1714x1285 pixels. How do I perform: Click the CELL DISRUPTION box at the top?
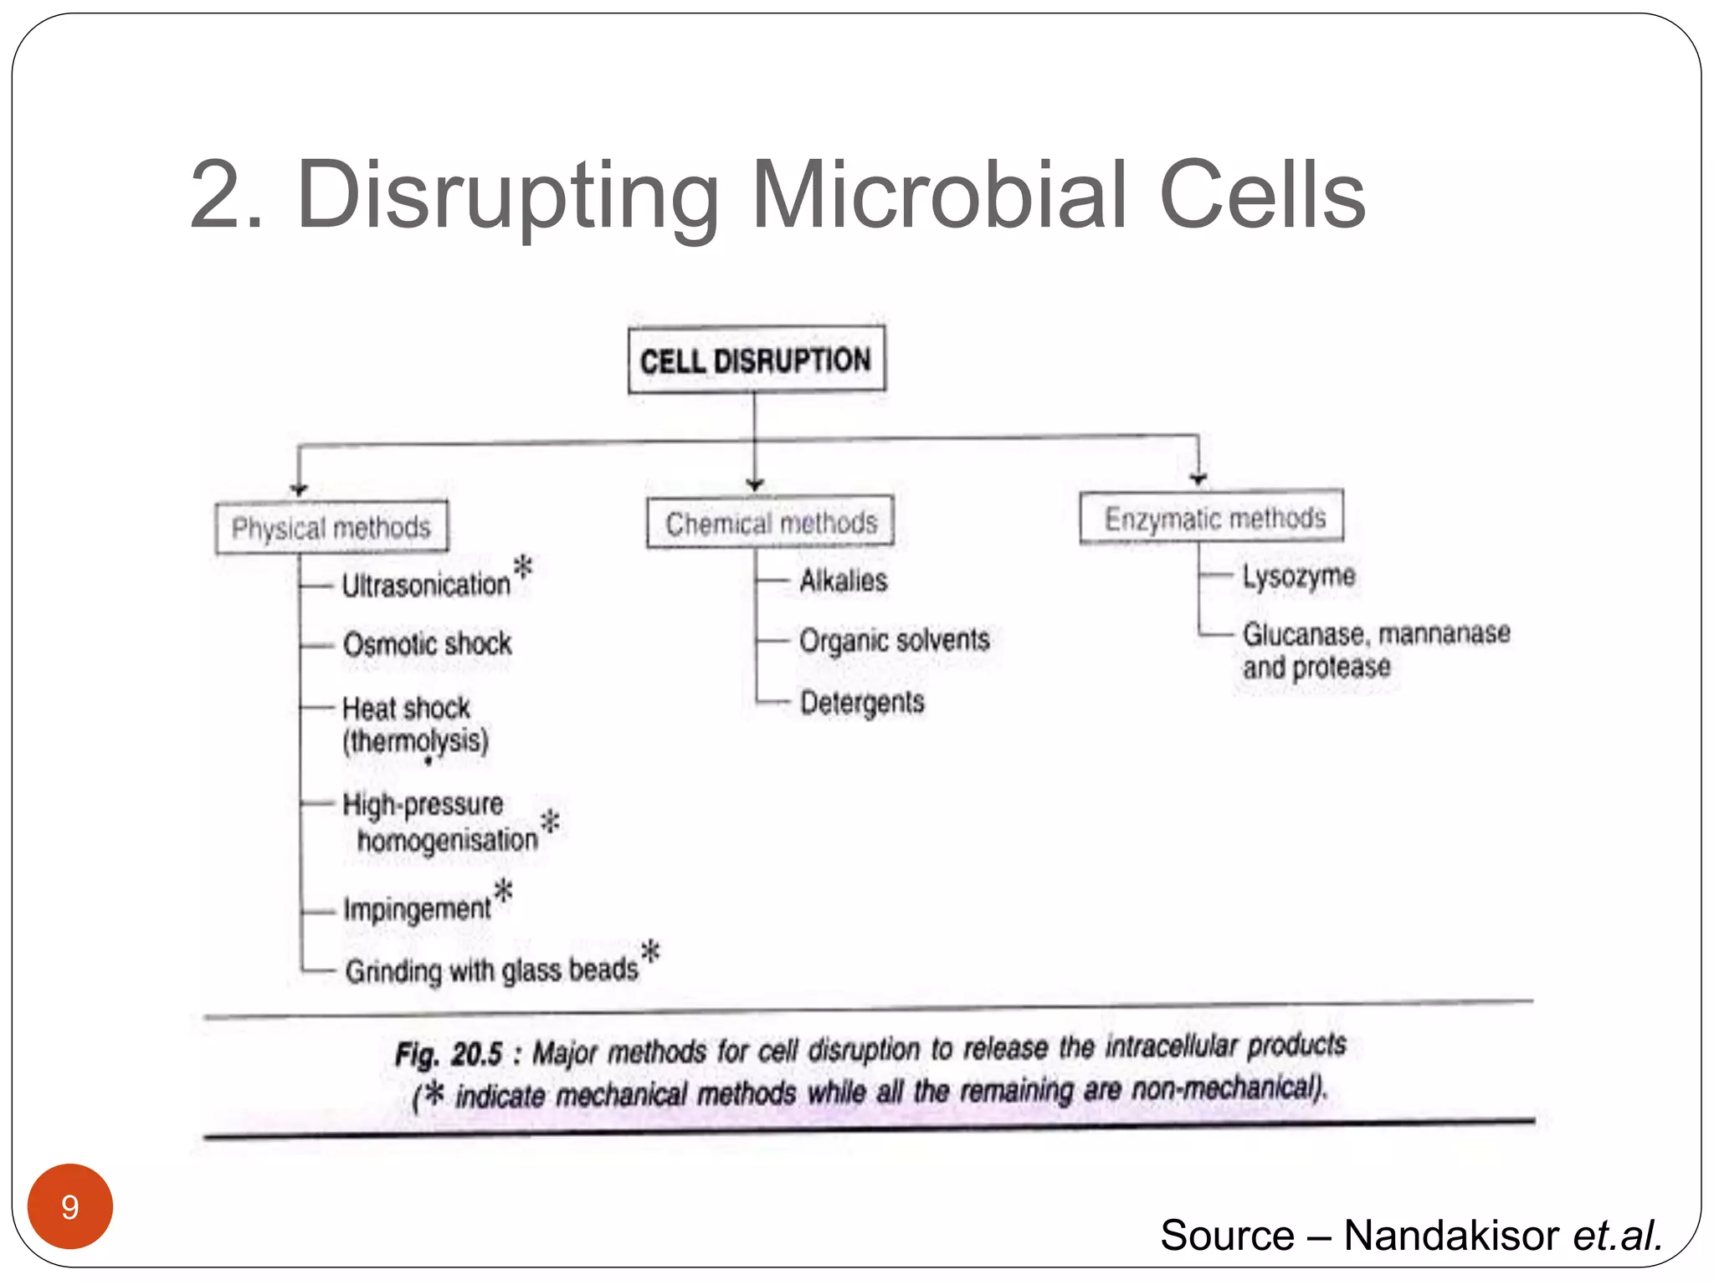[x=756, y=361]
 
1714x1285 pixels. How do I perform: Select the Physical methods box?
[x=331, y=527]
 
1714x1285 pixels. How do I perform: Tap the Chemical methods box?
[x=770, y=523]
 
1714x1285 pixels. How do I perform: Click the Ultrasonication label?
[x=426, y=585]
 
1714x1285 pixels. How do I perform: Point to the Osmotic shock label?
[x=427, y=644]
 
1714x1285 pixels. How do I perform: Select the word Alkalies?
[x=843, y=580]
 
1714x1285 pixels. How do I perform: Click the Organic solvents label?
[x=894, y=640]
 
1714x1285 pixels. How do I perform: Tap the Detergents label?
[x=862, y=702]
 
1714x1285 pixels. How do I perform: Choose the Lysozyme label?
[x=1298, y=576]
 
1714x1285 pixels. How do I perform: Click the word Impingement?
[x=417, y=909]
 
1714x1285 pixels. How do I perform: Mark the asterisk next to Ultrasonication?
[x=523, y=566]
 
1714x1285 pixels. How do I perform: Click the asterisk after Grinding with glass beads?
[x=650, y=951]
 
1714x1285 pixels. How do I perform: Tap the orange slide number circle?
[x=70, y=1206]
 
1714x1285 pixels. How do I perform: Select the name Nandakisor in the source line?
[x=1451, y=1235]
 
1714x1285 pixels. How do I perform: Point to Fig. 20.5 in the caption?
[x=449, y=1054]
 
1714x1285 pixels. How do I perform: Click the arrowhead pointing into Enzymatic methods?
[x=1198, y=479]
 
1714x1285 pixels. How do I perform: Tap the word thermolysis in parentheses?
[x=415, y=741]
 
